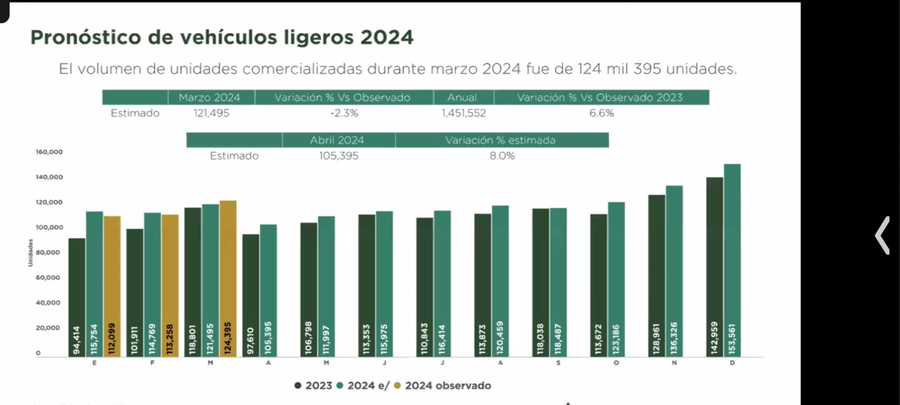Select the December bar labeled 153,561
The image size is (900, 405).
click(732, 260)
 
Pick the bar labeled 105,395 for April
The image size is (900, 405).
click(268, 290)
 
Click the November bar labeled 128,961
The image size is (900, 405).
click(656, 276)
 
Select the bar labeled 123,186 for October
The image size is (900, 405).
click(616, 279)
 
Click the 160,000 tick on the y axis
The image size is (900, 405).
click(49, 152)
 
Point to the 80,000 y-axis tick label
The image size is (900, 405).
click(48, 252)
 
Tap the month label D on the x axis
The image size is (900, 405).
click(732, 363)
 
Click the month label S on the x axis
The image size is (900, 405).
click(558, 363)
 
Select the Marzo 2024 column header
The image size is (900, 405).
click(209, 97)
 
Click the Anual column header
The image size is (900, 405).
click(462, 97)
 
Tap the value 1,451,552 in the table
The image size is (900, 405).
click(463, 113)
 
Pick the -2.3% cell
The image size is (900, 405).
click(344, 113)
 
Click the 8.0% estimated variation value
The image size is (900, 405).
click(502, 156)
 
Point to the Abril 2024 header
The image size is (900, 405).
click(337, 140)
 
